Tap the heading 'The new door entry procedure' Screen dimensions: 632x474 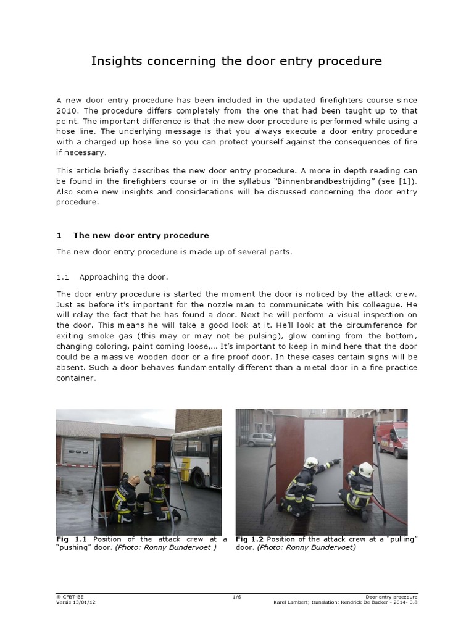point(141,235)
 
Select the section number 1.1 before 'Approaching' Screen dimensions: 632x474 point(64,277)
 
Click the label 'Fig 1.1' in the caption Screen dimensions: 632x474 point(70,539)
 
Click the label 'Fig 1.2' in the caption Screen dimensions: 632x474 point(250,539)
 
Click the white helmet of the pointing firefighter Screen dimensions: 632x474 point(312,462)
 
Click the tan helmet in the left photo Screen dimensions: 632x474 point(134,480)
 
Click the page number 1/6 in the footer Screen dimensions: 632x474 point(236,597)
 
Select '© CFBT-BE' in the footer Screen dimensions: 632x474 point(69,597)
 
